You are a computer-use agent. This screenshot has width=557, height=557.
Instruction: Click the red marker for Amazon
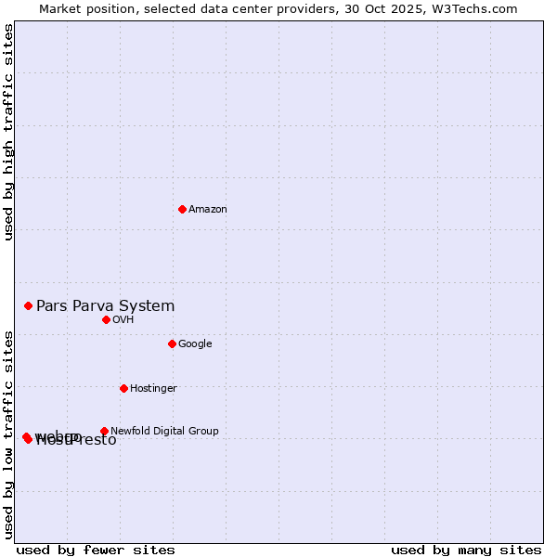click(182, 209)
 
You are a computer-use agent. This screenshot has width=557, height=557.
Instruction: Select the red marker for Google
click(172, 343)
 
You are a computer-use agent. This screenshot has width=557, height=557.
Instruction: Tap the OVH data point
click(106, 319)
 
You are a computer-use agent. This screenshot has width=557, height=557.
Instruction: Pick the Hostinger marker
click(123, 388)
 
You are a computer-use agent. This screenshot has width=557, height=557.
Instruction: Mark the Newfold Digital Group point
click(104, 431)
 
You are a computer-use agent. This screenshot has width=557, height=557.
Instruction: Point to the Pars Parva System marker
click(28, 305)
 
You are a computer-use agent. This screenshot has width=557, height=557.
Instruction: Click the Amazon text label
click(208, 209)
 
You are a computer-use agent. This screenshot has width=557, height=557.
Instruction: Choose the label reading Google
click(195, 343)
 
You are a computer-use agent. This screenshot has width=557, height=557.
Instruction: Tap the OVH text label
click(123, 319)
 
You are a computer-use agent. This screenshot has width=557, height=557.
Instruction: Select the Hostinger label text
click(153, 388)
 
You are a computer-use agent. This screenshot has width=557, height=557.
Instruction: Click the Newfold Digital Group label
click(164, 431)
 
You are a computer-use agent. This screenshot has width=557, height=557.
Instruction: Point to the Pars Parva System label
click(105, 305)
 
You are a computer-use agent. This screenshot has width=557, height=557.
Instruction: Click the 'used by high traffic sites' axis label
click(8, 132)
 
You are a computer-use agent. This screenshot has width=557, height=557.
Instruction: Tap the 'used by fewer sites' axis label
click(96, 550)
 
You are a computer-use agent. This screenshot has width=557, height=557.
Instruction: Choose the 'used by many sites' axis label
click(466, 550)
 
